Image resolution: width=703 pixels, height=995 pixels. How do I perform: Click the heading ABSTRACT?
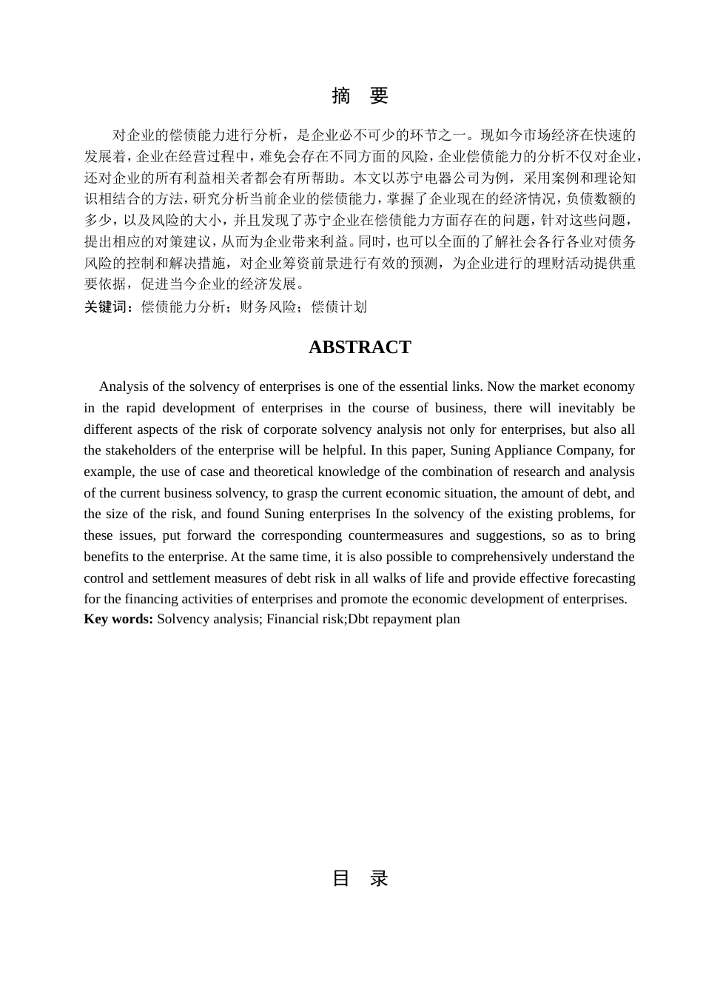point(360,347)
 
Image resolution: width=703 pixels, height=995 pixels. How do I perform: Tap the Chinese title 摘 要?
point(360,96)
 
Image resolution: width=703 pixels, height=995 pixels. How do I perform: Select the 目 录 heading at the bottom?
point(360,878)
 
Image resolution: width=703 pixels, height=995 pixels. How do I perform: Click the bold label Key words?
point(118,619)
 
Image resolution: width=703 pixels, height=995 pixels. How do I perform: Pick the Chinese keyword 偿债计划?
point(338,306)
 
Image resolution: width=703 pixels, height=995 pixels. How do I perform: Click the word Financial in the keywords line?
point(294,619)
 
